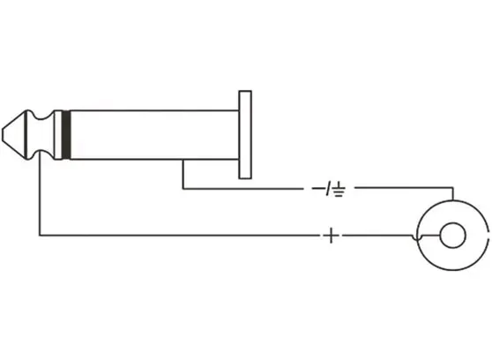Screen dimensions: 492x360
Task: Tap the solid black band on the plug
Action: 65,135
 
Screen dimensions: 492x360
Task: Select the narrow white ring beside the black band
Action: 57,135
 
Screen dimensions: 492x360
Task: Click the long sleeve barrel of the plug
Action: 154,135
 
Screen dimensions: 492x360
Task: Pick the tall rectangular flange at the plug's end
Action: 245,135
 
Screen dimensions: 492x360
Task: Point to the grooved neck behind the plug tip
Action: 40,135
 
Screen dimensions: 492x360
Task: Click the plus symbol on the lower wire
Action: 331,236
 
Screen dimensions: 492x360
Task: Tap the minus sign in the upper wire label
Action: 318,189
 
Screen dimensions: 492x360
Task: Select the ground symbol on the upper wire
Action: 339,189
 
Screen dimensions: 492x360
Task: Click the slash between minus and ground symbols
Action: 328,189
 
